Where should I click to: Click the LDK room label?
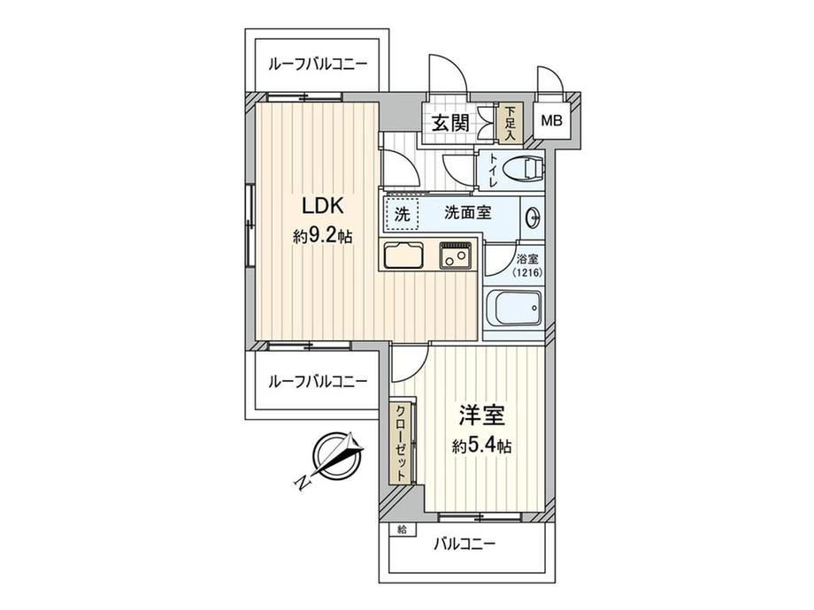pos(317,207)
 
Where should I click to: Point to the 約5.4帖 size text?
pos(481,446)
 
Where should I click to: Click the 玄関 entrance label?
pos(449,122)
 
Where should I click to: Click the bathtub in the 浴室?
pos(515,310)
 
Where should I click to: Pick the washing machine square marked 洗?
pos(401,214)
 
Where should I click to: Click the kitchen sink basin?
pos(405,256)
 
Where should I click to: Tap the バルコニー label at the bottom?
pos(464,545)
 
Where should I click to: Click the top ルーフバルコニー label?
pos(316,65)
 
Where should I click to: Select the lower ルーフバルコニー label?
pos(316,382)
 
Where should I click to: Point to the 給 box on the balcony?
pos(403,530)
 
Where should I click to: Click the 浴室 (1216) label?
pos(529,266)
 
